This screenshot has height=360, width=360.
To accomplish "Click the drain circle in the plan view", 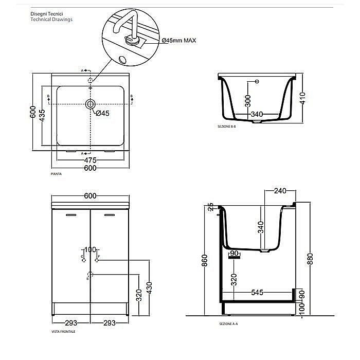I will point(91,104).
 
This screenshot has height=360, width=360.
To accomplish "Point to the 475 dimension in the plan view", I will point(91,160).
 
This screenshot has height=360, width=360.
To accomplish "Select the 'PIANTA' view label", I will point(57,175).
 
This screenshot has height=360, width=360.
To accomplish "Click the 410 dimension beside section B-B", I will point(304,98).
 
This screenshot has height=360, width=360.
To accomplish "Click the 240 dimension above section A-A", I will point(280,190).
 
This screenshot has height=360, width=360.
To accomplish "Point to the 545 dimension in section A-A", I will point(257,292).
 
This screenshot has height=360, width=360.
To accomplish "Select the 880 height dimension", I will point(309,260).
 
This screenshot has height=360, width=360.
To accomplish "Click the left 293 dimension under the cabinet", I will point(71,323).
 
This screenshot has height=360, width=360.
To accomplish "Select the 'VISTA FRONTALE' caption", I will point(63,332).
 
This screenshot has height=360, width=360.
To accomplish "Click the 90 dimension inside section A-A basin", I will point(235,253).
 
